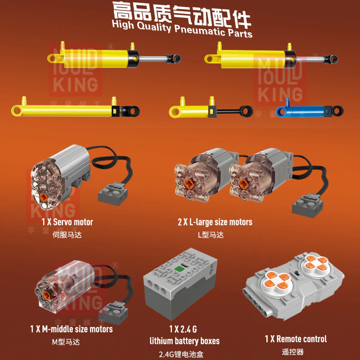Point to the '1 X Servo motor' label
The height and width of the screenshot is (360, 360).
pyautogui.click(x=67, y=222)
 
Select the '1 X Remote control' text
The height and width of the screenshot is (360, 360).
pyautogui.click(x=296, y=339)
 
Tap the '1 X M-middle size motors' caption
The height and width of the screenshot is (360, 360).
pyautogui.click(x=72, y=329)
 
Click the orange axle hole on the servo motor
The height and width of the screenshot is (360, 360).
pyautogui.click(x=43, y=197)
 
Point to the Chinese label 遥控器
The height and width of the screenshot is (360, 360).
pyautogui.click(x=296, y=351)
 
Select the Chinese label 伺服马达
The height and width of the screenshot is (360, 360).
pyautogui.click(x=67, y=234)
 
